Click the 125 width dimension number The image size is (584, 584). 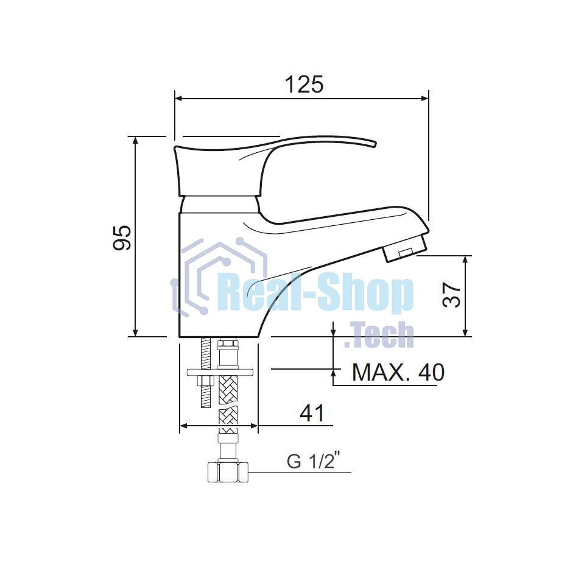click(x=304, y=84)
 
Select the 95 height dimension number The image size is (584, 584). click(x=122, y=237)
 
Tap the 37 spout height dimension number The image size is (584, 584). click(x=451, y=295)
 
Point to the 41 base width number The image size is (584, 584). click(x=312, y=413)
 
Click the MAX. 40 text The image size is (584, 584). click(x=398, y=371)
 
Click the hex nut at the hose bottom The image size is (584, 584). click(x=228, y=473)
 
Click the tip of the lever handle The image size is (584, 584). click(x=375, y=144)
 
